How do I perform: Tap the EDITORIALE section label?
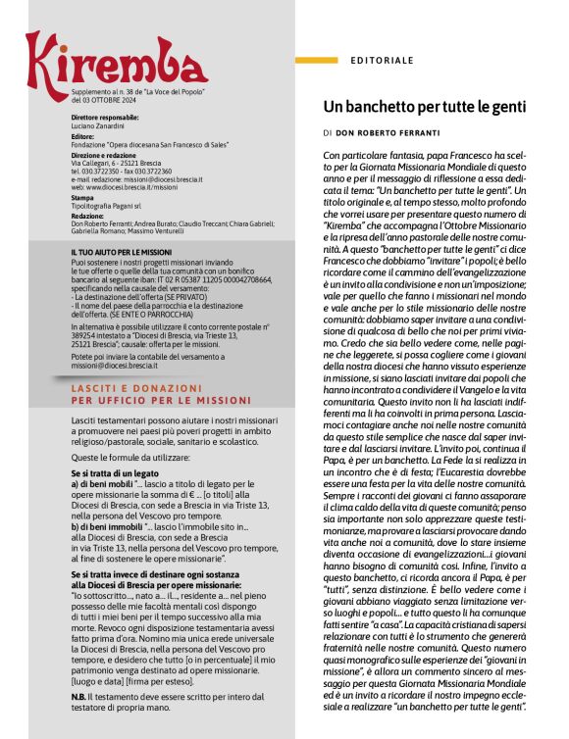(382, 61)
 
